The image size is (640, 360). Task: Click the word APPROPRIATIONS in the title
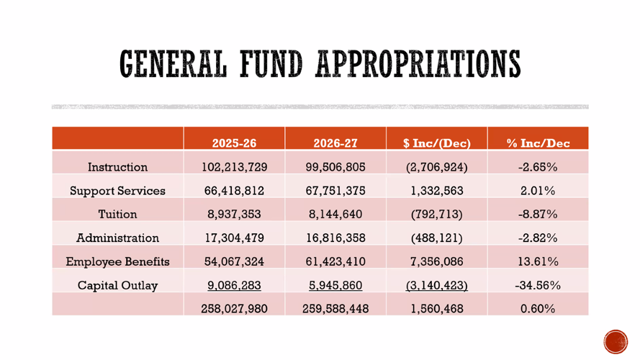[x=418, y=63]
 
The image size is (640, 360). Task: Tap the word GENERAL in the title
[x=173, y=63]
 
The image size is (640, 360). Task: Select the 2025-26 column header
[x=234, y=143]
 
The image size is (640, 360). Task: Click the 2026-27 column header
[x=335, y=143]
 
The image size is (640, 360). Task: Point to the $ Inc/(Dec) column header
[x=437, y=143]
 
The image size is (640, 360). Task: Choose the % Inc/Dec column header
[x=538, y=143]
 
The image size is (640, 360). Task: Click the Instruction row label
[x=117, y=167]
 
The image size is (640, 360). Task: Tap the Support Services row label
[x=117, y=191]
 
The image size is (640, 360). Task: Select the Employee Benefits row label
[x=117, y=261]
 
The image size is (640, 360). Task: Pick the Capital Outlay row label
[x=117, y=285]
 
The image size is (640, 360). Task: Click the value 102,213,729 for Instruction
[x=234, y=167]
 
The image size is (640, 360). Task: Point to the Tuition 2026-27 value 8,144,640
[x=335, y=215]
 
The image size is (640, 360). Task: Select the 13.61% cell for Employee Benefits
[x=538, y=261]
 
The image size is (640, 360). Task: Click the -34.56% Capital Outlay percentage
[x=538, y=285]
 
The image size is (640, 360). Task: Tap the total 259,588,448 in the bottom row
[x=335, y=309]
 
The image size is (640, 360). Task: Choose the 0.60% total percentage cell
[x=538, y=309]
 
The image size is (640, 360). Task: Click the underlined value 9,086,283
[x=234, y=285]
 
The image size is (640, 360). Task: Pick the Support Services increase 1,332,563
[x=437, y=191]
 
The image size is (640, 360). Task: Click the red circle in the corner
[x=616, y=341]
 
